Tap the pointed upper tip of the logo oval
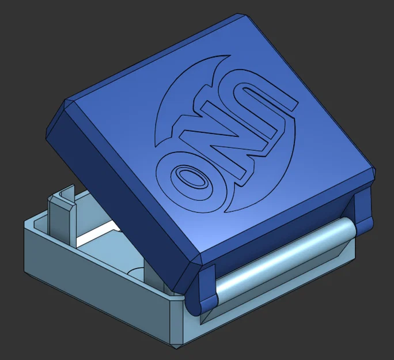tap(229, 56)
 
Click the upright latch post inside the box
tap(60, 214)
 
